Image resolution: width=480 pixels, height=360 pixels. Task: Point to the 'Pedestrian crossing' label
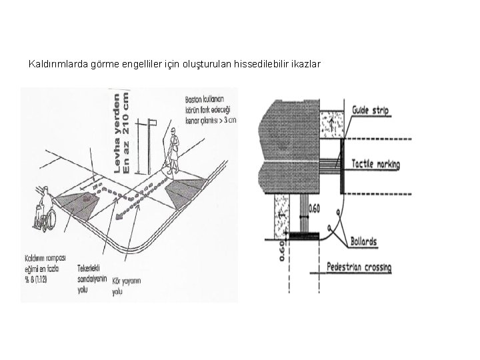coord(359,268)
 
